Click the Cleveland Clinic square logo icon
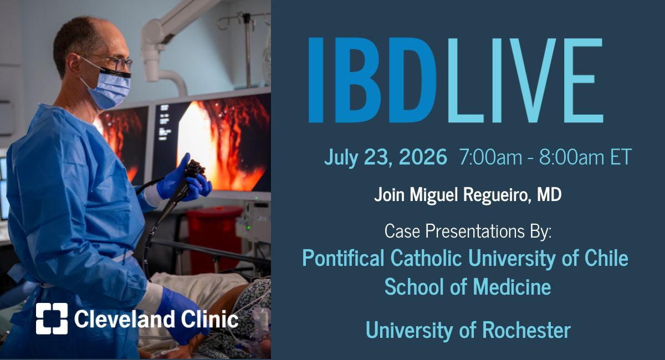click(52, 318)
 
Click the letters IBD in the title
click(372, 80)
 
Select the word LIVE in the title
click(525, 80)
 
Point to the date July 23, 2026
click(385, 157)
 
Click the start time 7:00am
click(490, 157)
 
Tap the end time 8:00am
click(571, 157)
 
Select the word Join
click(389, 195)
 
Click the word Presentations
click(475, 231)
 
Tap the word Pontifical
click(343, 258)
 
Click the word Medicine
click(512, 286)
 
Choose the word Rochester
click(526, 330)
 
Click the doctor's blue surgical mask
click(109, 88)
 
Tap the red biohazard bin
click(214, 238)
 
